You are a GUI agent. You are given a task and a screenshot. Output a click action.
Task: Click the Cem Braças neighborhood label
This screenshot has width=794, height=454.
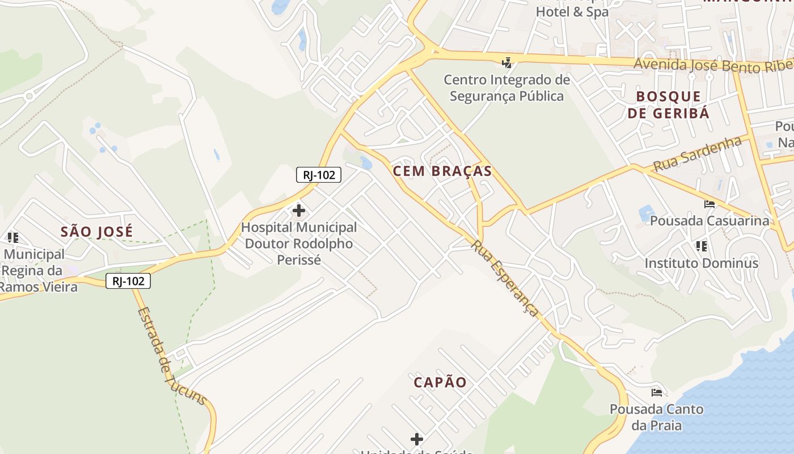(x=442, y=171)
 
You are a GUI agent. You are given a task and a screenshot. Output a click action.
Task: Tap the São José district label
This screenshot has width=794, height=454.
(x=96, y=232)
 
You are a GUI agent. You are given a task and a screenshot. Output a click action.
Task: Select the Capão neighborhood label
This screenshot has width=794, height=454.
(x=440, y=382)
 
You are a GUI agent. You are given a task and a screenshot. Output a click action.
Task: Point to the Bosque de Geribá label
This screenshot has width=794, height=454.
(x=668, y=104)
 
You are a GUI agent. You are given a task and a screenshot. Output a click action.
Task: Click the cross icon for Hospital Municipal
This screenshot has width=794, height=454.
(x=298, y=211)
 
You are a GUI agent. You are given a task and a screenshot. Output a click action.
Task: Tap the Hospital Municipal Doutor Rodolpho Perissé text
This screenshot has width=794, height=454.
(x=299, y=243)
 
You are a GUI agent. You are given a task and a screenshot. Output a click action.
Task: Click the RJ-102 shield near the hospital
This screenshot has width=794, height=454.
(x=319, y=175)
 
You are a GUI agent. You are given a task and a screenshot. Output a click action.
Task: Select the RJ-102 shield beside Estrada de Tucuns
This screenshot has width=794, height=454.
(x=128, y=281)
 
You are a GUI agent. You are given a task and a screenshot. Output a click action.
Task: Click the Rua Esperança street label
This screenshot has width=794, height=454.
(x=505, y=278)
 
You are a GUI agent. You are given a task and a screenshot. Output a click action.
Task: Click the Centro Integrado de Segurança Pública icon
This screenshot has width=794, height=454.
(x=507, y=62)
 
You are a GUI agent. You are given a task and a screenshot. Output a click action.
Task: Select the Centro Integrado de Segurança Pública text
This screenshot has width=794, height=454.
(x=506, y=88)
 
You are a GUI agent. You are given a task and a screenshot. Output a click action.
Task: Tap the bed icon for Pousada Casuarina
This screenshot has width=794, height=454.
(x=709, y=204)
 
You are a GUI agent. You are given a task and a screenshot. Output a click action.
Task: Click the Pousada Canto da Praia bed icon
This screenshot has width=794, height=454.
(x=657, y=393)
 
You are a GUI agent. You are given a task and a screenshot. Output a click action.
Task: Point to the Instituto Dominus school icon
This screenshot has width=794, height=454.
(x=701, y=246)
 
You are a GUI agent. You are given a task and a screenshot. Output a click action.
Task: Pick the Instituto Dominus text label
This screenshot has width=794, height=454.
(x=701, y=263)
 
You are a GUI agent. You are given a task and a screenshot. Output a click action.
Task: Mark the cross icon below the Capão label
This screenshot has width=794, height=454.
(x=417, y=439)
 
